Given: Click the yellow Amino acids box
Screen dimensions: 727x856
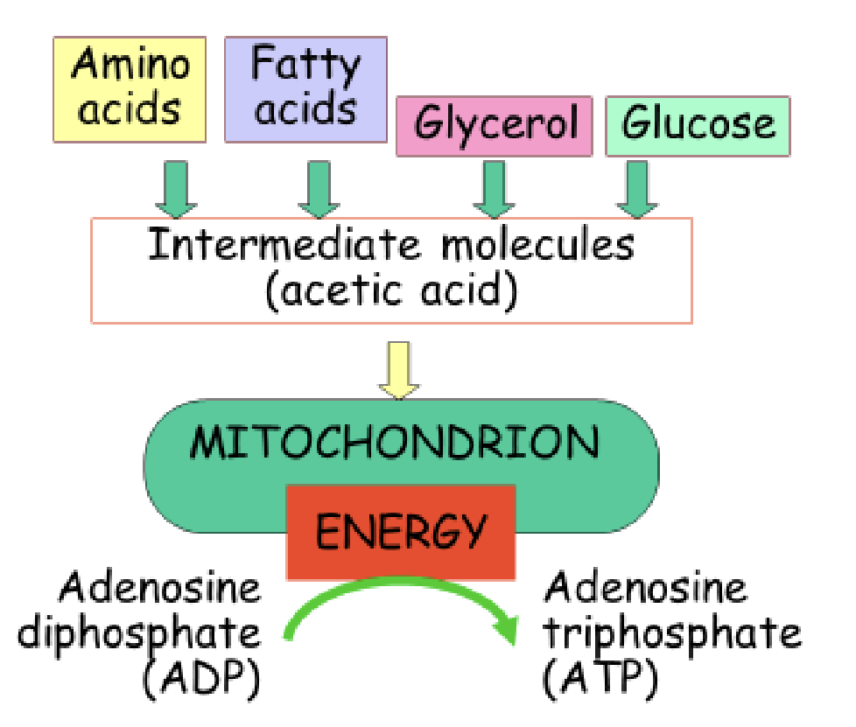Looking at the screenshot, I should (130, 88).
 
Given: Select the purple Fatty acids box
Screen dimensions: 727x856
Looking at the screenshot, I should (305, 88).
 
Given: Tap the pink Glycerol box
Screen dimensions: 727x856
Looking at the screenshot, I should (495, 125).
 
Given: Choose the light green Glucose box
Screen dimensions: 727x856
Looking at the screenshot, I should (698, 125).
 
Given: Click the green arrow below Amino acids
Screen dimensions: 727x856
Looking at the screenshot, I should (178, 188).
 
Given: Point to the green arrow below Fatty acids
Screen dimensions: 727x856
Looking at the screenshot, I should (319, 188).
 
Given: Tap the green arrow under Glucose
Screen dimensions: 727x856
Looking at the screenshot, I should (636, 188).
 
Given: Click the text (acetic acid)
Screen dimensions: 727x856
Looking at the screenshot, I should (390, 291).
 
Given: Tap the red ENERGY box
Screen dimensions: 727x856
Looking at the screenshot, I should (400, 531).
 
